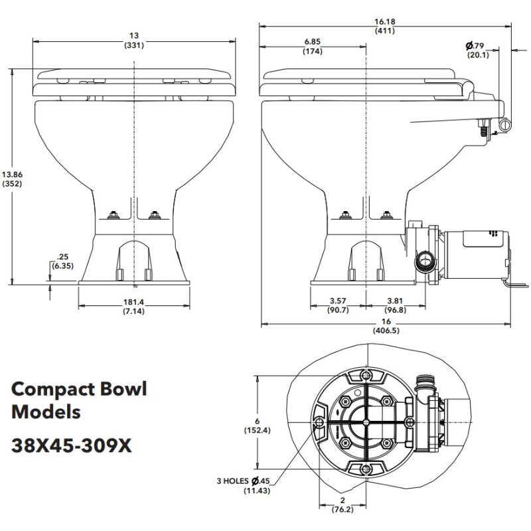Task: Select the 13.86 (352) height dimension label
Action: pyautogui.click(x=13, y=179)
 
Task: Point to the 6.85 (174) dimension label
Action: pyautogui.click(x=312, y=46)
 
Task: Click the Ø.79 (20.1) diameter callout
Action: pyautogui.click(x=478, y=50)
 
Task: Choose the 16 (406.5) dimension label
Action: pyautogui.click(x=386, y=325)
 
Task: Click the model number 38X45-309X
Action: pyautogui.click(x=72, y=446)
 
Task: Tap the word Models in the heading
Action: pyautogui.click(x=46, y=412)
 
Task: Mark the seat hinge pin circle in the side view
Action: pyautogui.click(x=506, y=124)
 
